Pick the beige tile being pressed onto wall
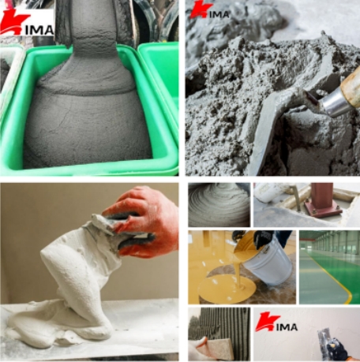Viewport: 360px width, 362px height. (x=201, y=347)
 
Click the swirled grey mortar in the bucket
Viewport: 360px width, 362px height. (x=219, y=205)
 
